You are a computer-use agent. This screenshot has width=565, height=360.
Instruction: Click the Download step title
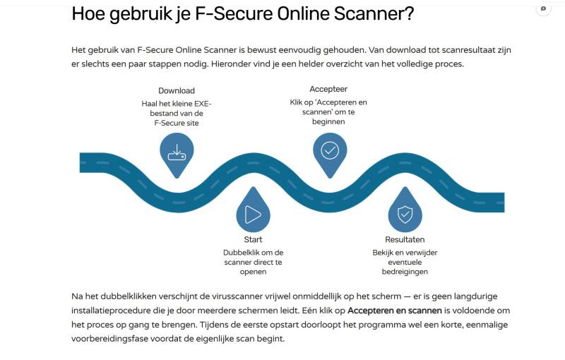pyautogui.click(x=177, y=91)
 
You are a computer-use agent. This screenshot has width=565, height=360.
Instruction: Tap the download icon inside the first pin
pyautogui.click(x=176, y=151)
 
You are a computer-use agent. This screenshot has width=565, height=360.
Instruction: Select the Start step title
pyautogui.click(x=253, y=239)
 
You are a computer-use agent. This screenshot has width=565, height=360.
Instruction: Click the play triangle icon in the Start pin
pyautogui.click(x=253, y=214)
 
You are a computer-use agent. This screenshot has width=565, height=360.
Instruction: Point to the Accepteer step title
pyautogui.click(x=328, y=89)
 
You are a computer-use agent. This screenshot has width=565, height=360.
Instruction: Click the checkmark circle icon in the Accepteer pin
pyautogui.click(x=330, y=150)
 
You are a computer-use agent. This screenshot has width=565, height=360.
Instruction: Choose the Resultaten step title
pyautogui.click(x=405, y=239)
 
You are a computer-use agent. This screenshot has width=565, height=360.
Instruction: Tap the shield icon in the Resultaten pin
pyautogui.click(x=405, y=214)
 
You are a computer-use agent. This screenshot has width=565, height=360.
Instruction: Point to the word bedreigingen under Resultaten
pyautogui.click(x=405, y=272)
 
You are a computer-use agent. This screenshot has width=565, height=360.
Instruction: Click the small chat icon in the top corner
pyautogui.click(x=543, y=8)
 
